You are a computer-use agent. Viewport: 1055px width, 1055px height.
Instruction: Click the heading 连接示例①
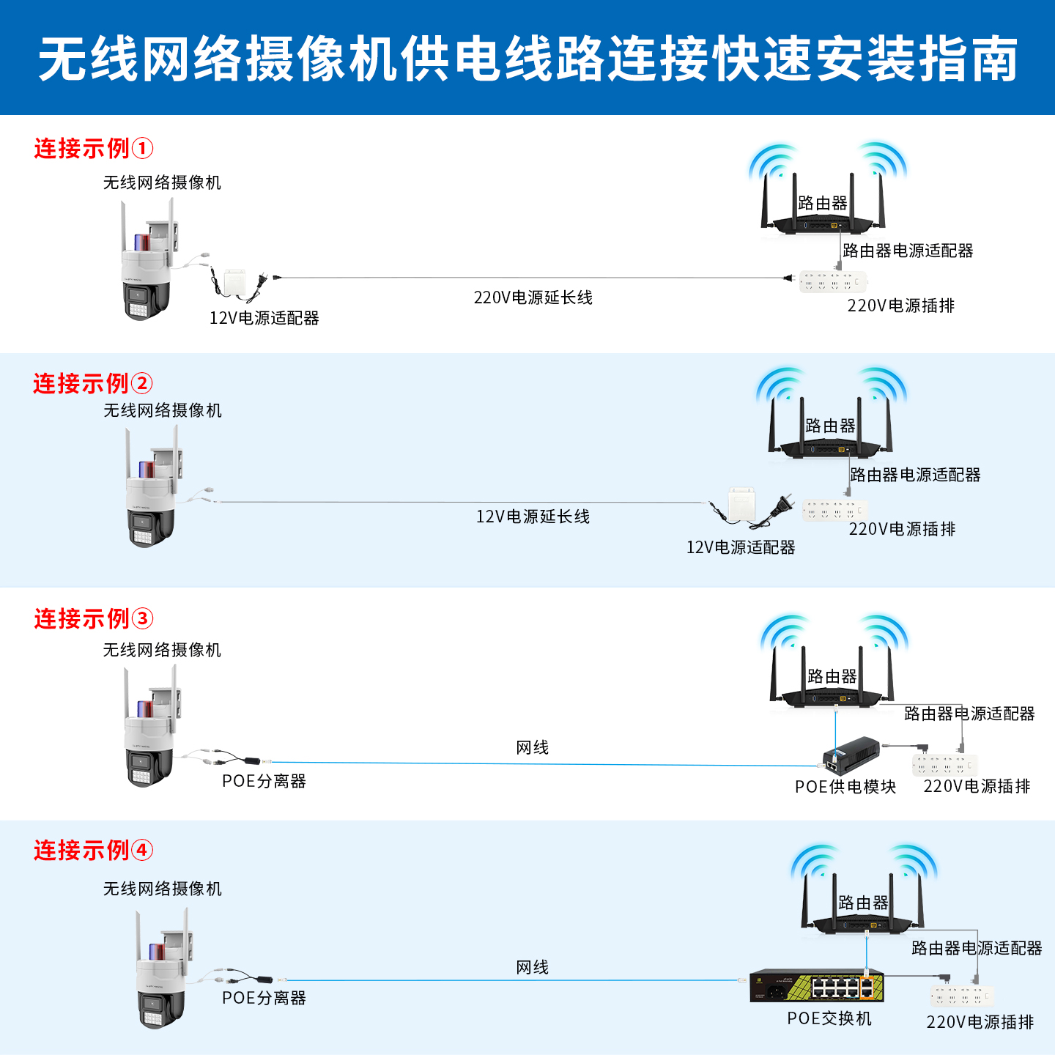pyautogui.click(x=93, y=149)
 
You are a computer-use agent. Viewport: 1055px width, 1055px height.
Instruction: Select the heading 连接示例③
pyautogui.click(x=93, y=619)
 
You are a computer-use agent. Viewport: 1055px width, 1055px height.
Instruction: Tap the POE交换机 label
pyautogui.click(x=829, y=1018)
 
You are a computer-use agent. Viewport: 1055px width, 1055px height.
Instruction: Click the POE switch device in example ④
pyautogui.click(x=816, y=986)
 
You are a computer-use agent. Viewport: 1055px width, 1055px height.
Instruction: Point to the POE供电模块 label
pyautogui.click(x=845, y=787)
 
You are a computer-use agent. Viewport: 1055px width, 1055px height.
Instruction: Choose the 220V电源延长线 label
pyautogui.click(x=533, y=297)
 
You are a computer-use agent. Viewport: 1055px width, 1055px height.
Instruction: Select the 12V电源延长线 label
pyautogui.click(x=533, y=517)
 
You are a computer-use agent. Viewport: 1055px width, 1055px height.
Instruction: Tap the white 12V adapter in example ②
pyautogui.click(x=741, y=506)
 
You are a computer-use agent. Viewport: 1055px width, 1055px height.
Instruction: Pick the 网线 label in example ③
pyautogui.click(x=533, y=747)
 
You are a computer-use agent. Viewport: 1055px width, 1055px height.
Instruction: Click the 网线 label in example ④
pyautogui.click(x=533, y=967)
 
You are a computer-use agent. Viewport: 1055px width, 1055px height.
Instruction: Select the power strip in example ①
pyautogui.click(x=833, y=281)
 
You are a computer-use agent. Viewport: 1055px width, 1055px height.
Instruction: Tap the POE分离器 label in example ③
pyautogui.click(x=264, y=781)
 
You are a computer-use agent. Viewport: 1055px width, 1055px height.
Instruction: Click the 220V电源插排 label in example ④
pyautogui.click(x=980, y=1022)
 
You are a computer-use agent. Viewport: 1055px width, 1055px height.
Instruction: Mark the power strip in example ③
pyautogui.click(x=944, y=765)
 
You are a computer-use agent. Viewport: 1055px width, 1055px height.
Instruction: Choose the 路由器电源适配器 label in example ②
pyautogui.click(x=915, y=475)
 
